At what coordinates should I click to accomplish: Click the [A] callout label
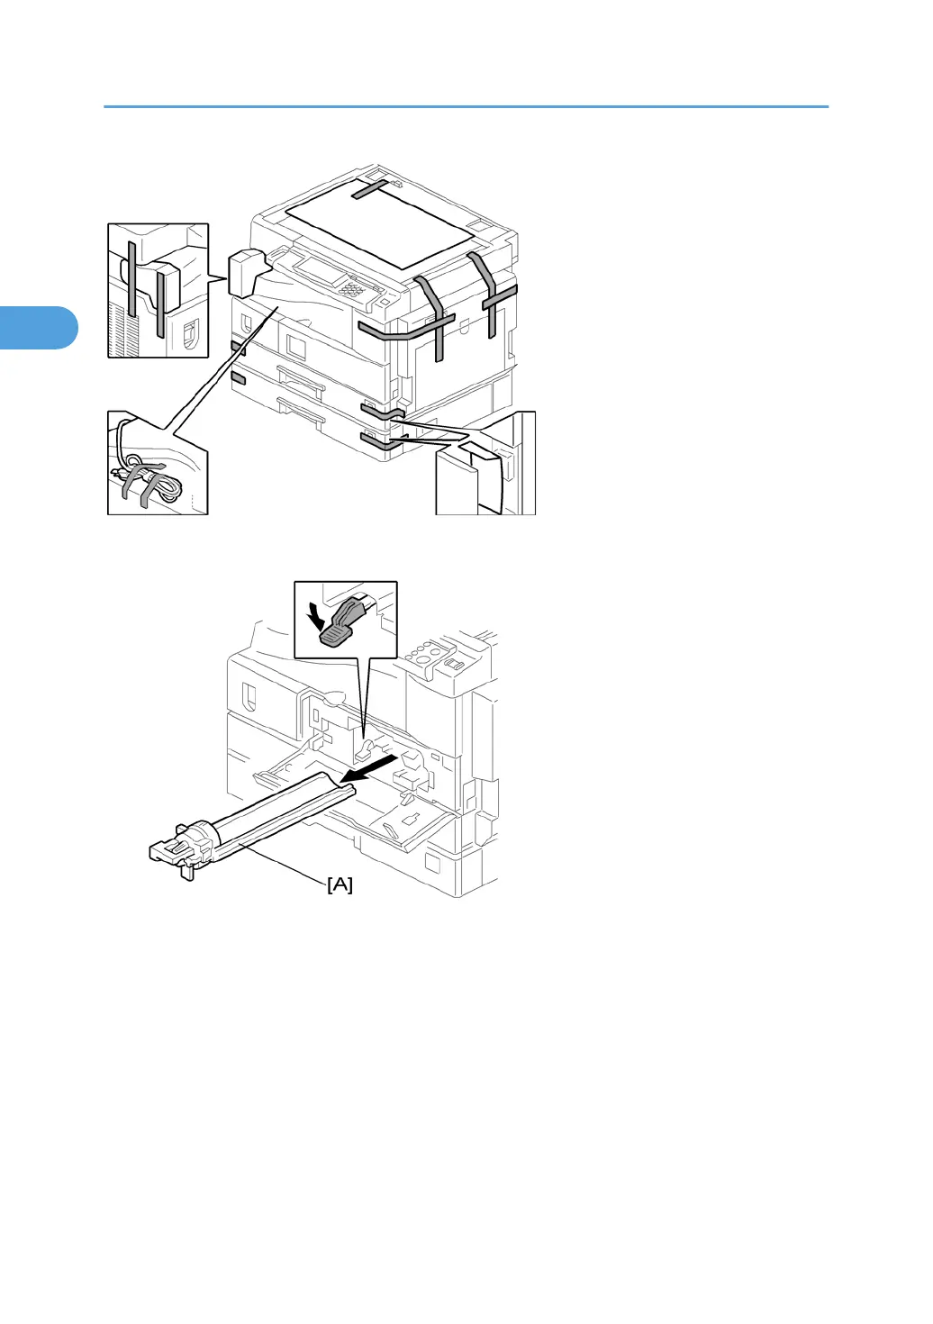coord(340,885)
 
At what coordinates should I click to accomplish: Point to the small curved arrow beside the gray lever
coord(314,616)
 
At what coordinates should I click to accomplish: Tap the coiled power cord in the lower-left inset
coord(153,482)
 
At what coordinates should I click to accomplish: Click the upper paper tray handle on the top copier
coord(300,377)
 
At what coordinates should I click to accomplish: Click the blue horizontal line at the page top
coord(466,107)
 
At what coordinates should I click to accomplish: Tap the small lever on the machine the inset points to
coord(365,749)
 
